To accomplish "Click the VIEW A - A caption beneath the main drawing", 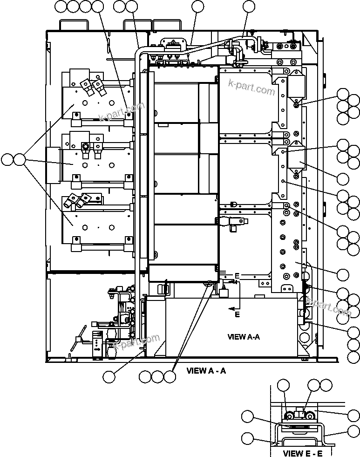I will [206, 371].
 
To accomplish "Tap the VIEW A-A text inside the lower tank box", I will [243, 337].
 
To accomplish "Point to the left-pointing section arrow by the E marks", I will [231, 308].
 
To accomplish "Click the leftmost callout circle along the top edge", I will [61, 6].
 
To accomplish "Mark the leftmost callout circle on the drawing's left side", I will [7, 160].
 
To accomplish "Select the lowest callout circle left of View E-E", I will [248, 438].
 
